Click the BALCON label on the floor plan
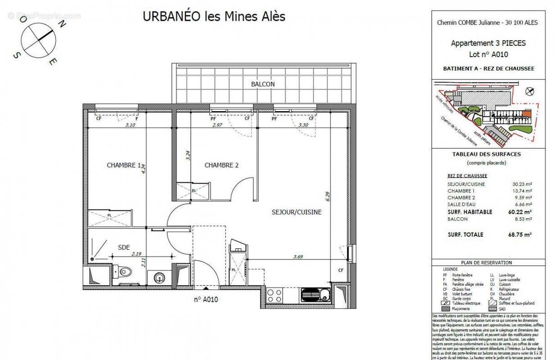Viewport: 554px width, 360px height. click(x=263, y=84)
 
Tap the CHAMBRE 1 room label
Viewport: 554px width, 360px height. click(x=123, y=165)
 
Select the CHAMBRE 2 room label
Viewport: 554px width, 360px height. click(x=221, y=165)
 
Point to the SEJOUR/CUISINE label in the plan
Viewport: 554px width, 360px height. click(x=296, y=212)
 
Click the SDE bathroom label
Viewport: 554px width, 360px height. click(x=124, y=247)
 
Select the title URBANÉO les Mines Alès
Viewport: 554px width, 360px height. click(x=214, y=17)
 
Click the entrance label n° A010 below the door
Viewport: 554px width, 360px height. click(x=205, y=299)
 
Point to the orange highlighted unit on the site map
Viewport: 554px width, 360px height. click(x=527, y=113)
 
